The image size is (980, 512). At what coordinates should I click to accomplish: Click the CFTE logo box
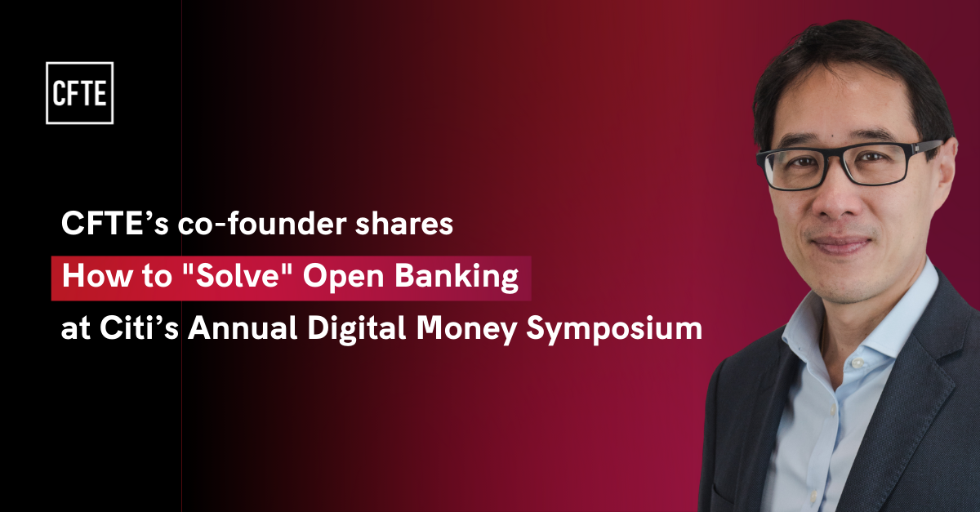(x=79, y=93)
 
